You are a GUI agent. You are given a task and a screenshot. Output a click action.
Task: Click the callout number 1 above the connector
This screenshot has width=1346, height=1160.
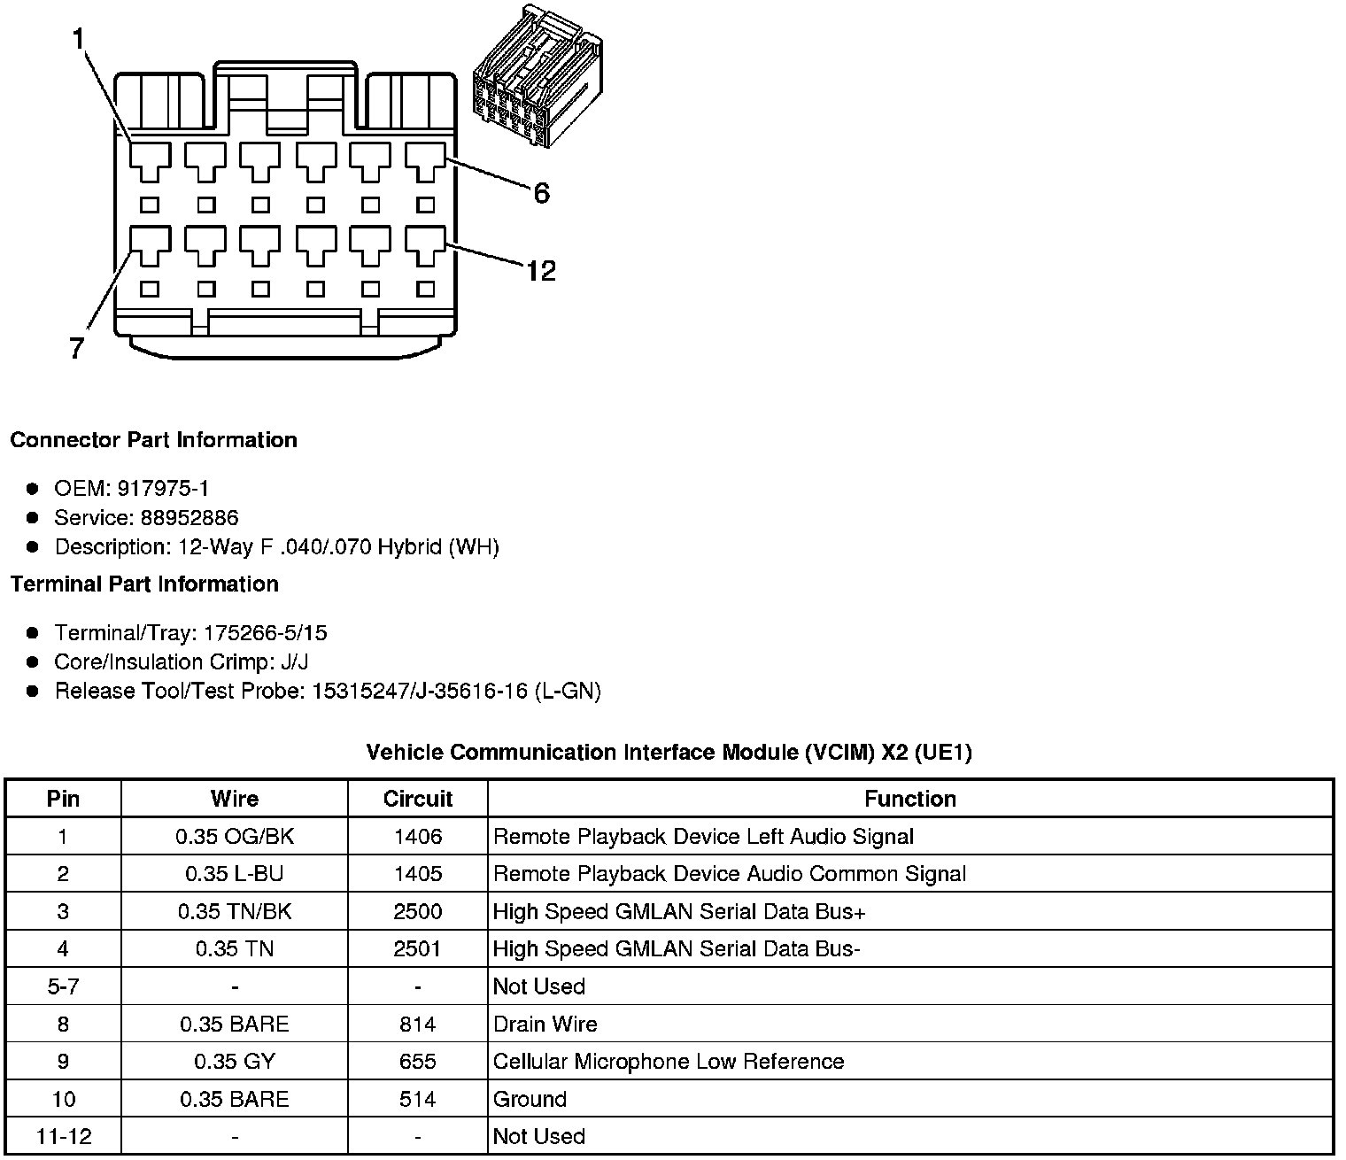[79, 38]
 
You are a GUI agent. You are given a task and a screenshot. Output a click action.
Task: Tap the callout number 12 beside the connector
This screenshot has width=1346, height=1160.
[540, 270]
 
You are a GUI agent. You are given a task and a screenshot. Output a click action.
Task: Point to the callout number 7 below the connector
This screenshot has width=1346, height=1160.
[77, 349]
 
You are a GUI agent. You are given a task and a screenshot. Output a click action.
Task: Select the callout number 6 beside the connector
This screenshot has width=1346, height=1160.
[541, 192]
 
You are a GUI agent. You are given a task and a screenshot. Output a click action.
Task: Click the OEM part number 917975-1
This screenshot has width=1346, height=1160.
[168, 488]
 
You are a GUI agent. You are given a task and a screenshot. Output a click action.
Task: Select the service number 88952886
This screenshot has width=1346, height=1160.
[190, 517]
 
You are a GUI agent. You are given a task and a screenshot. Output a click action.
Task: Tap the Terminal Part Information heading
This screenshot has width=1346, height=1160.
[144, 584]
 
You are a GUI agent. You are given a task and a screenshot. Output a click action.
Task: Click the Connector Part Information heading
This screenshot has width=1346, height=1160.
[153, 440]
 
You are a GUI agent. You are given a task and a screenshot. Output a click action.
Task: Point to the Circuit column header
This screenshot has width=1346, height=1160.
[417, 799]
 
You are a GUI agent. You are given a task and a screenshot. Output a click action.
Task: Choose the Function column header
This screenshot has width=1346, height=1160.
[909, 799]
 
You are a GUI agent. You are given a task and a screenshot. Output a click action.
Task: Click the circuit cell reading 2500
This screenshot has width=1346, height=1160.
[417, 911]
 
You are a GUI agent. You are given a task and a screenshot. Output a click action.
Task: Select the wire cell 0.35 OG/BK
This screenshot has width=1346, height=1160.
[235, 837]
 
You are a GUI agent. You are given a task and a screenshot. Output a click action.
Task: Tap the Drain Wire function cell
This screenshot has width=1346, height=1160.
[545, 1025]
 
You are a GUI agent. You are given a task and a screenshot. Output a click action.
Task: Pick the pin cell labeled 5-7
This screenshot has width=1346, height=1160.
[63, 986]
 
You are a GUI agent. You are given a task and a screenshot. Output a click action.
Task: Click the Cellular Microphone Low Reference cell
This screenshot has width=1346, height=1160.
[668, 1062]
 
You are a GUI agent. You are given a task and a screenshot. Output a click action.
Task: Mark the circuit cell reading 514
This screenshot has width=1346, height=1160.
[417, 1099]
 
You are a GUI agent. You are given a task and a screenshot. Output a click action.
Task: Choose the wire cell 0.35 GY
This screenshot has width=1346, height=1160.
[235, 1062]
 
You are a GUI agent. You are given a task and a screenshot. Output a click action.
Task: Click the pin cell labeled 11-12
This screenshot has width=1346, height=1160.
[63, 1136]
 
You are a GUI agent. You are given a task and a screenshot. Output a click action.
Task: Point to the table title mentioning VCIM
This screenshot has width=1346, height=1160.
[669, 753]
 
